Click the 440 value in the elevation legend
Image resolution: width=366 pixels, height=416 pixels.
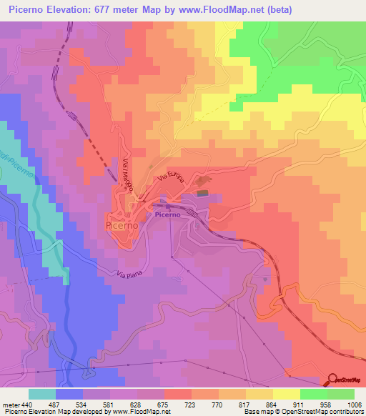pyautogui.click(x=27, y=404)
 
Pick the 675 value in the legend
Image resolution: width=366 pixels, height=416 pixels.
pyautogui.click(x=164, y=404)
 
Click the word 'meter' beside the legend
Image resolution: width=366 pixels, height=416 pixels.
pyautogui.click(x=10, y=404)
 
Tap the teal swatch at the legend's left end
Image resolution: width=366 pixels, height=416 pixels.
pyautogui.click(x=42, y=394)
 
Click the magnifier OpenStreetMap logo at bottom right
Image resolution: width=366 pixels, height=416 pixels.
pyautogui.click(x=334, y=380)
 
